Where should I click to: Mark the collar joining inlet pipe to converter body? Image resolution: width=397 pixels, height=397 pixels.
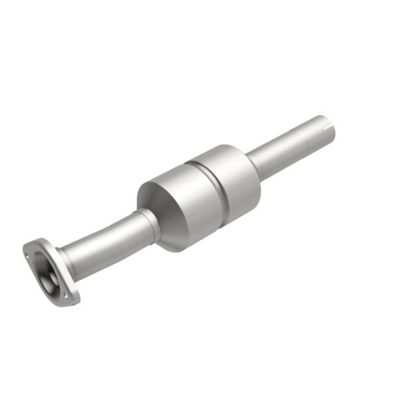pyautogui.click(x=150, y=222)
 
